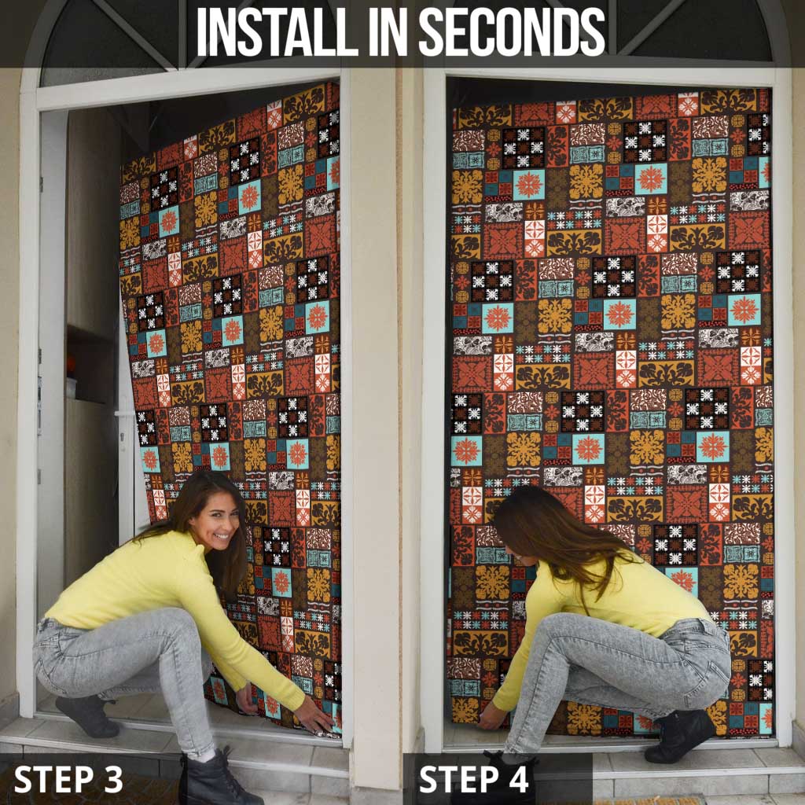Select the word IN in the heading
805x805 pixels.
coord(388,31)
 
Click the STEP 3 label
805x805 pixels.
coord(68,779)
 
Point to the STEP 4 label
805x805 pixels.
coord(474,779)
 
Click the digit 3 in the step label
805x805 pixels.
coord(113,779)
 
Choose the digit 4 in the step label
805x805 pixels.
coord(519,779)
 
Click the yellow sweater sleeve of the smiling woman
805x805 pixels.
coord(246,641)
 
